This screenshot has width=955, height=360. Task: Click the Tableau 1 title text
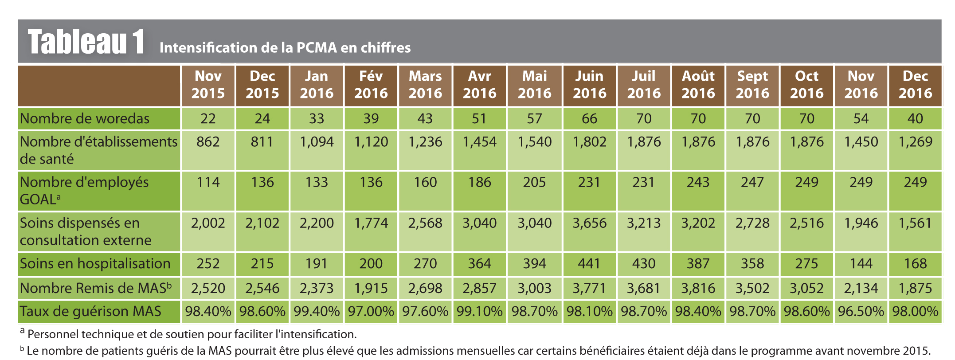86,42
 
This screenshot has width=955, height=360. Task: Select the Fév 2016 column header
371,85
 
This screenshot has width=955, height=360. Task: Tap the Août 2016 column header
698,85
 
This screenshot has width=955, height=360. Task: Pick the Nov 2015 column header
208,85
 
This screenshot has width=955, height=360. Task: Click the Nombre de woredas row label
85,119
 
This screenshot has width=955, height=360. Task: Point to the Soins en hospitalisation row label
95,264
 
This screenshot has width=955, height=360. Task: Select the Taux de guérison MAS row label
90,311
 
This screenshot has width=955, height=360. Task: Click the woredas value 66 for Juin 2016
589,119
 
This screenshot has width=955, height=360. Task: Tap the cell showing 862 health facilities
208,142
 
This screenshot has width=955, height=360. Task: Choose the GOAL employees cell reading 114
208,182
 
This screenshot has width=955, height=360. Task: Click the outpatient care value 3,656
589,223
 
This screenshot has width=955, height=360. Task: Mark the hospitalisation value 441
589,264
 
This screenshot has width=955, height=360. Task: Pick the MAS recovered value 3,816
698,288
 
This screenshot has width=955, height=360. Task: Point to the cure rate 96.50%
861,311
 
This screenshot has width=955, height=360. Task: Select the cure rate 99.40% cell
317,311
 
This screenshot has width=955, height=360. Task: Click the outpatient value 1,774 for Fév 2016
371,223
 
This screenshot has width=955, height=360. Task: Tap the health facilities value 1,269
915,142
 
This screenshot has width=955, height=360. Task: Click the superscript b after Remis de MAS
169,285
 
